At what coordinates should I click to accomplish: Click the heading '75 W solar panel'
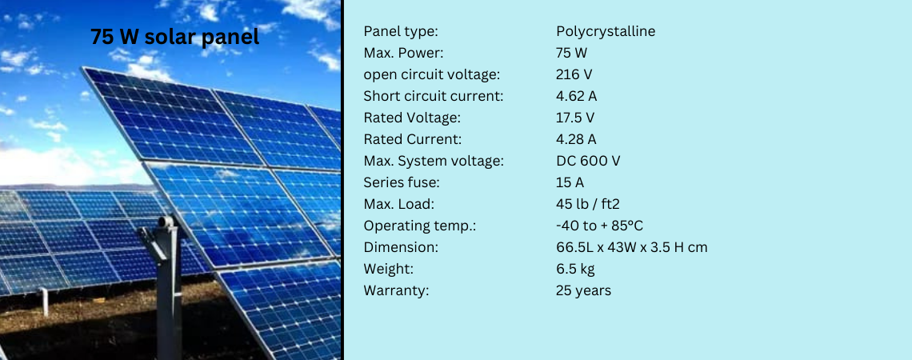coord(174,38)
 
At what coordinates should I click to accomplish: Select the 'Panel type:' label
coord(401,31)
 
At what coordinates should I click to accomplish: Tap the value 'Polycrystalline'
coord(606,31)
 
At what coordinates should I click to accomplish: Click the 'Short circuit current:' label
coord(434,96)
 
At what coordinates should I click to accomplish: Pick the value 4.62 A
coord(577,96)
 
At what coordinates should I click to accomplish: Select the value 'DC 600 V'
coord(588,161)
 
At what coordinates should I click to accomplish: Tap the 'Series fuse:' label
coord(400,182)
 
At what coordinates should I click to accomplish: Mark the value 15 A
coord(570,182)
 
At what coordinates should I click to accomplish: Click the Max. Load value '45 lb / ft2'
coord(588,204)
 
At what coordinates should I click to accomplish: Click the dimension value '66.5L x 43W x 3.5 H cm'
coord(632,247)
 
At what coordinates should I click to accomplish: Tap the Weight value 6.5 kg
coord(576,269)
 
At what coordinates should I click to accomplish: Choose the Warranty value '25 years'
coord(583,290)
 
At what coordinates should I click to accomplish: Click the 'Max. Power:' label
coord(403,53)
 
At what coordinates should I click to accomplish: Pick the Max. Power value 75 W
coord(571,53)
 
